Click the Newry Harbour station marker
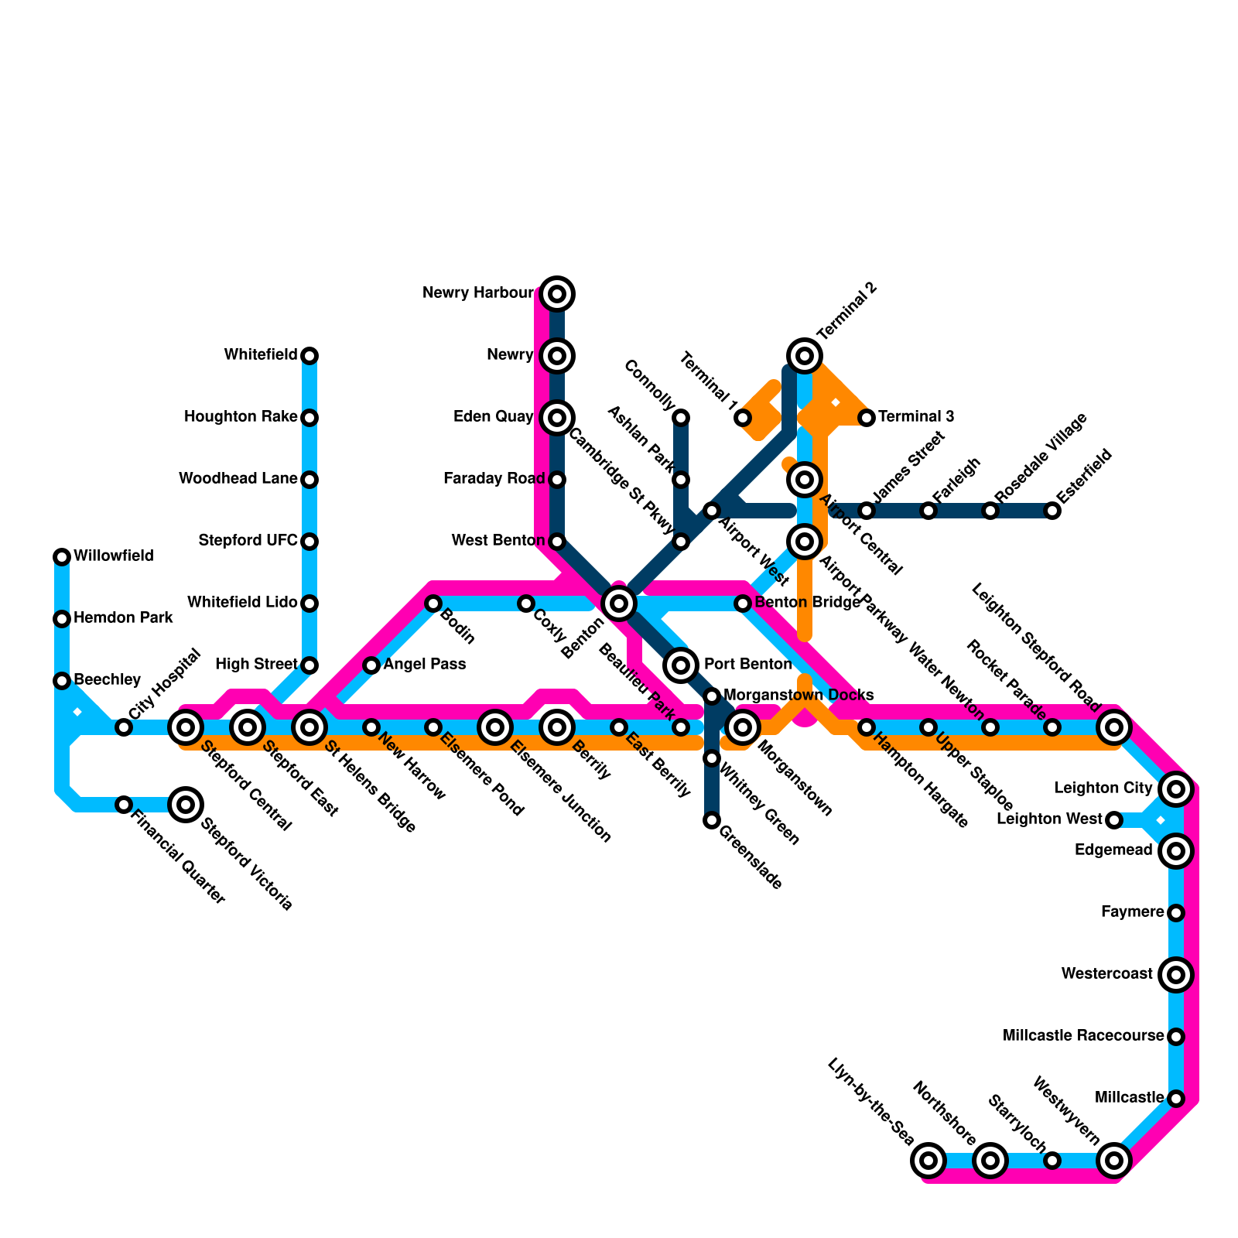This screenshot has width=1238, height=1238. (x=557, y=294)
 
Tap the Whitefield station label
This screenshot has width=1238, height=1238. (x=261, y=355)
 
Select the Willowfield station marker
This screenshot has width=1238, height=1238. (x=62, y=556)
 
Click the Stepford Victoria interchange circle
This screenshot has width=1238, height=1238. (x=186, y=805)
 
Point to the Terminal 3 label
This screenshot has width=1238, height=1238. (x=916, y=417)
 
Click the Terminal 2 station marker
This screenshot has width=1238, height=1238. (x=805, y=356)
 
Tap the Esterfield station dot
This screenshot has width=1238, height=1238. (x=1052, y=511)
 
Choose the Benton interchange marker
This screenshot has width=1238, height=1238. (x=619, y=604)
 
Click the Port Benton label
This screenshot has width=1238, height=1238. (x=747, y=665)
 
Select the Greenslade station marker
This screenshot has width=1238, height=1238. (x=712, y=820)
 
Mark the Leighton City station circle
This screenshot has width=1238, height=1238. (x=1176, y=789)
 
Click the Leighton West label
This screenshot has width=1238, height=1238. (x=1049, y=819)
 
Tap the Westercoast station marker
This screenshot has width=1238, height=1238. (x=1176, y=975)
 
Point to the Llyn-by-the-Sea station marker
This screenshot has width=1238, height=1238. (x=929, y=1161)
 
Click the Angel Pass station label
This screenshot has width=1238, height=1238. (x=425, y=665)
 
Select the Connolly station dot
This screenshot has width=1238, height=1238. (x=681, y=418)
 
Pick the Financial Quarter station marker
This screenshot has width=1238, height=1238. (x=124, y=805)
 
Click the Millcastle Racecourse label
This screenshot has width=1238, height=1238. (x=1083, y=1036)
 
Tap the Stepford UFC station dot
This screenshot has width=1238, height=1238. (x=309, y=542)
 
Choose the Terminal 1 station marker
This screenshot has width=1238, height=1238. (x=743, y=418)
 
